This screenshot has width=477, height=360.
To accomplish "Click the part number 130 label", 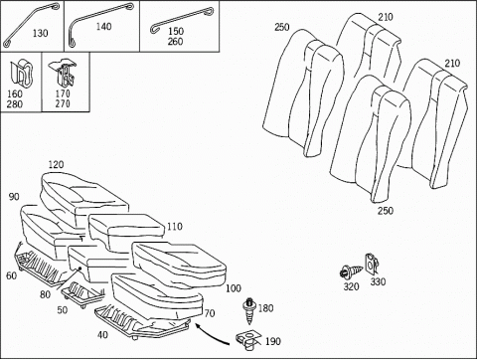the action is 40,33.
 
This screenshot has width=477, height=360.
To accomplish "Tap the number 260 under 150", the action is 175,42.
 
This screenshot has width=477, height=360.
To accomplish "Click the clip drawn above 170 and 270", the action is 63,72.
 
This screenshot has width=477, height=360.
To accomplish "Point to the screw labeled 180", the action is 249,311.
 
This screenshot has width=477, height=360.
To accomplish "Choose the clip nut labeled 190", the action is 248,340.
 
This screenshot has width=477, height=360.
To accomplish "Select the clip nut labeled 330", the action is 372,264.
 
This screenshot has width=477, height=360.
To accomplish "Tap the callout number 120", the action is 56,164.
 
